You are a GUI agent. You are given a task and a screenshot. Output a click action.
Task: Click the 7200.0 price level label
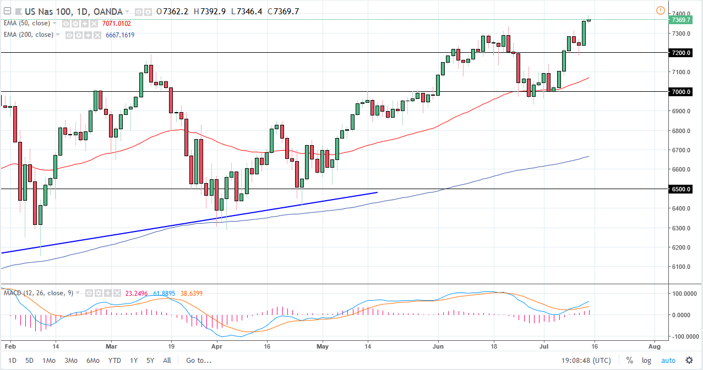(x=680, y=53)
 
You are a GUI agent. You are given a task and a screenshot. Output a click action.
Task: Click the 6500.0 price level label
(x=680, y=189)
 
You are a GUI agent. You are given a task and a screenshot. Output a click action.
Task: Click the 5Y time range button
(x=150, y=361)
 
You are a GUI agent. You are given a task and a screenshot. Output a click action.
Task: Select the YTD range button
(x=115, y=361)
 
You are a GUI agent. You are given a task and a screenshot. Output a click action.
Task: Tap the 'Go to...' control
(x=199, y=361)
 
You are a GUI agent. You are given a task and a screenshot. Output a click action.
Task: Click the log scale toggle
(x=646, y=361)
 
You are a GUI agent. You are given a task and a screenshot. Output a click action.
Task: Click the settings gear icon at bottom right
(x=689, y=361)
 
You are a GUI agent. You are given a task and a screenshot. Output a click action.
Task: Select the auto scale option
(x=668, y=361)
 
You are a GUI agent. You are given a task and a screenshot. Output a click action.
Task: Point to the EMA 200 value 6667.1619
(x=120, y=35)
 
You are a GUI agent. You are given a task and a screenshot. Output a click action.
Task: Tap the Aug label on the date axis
(x=654, y=347)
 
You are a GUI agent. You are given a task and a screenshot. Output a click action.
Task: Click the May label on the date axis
(x=323, y=347)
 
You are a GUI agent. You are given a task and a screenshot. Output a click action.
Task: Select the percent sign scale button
(x=629, y=361)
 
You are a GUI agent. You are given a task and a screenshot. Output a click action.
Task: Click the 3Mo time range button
(x=70, y=361)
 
